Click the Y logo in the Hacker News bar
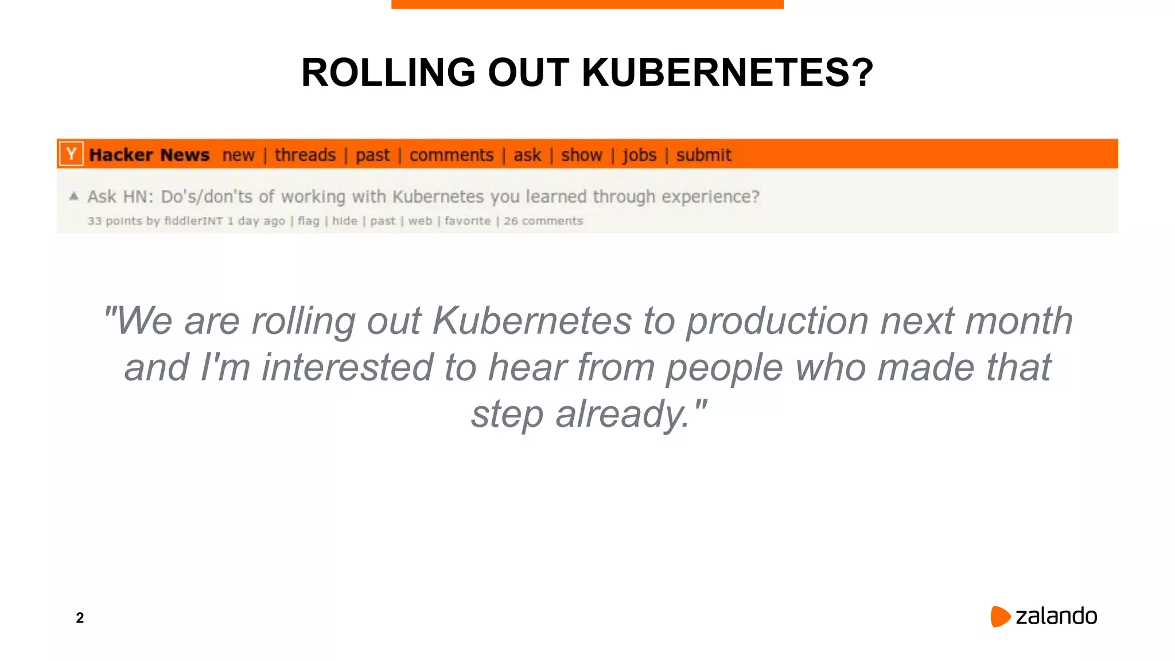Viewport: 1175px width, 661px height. point(71,154)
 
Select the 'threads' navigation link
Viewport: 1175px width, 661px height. point(305,155)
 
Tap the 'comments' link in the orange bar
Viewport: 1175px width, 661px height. point(451,155)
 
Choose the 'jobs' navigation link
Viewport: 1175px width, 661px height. point(639,155)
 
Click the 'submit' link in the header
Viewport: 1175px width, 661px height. point(703,155)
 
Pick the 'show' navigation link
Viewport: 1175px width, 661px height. point(581,155)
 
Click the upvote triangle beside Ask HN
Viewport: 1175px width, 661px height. point(73,196)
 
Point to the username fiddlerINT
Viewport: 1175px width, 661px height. point(193,221)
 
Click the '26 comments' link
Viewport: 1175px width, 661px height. point(543,221)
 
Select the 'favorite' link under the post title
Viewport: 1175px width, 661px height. point(468,221)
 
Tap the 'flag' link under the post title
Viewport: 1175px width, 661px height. point(308,221)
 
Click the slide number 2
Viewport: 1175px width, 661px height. point(80,618)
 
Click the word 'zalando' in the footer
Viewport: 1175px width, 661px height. point(1056,616)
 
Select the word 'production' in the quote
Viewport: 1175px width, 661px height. point(777,321)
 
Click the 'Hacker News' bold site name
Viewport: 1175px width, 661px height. point(149,155)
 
